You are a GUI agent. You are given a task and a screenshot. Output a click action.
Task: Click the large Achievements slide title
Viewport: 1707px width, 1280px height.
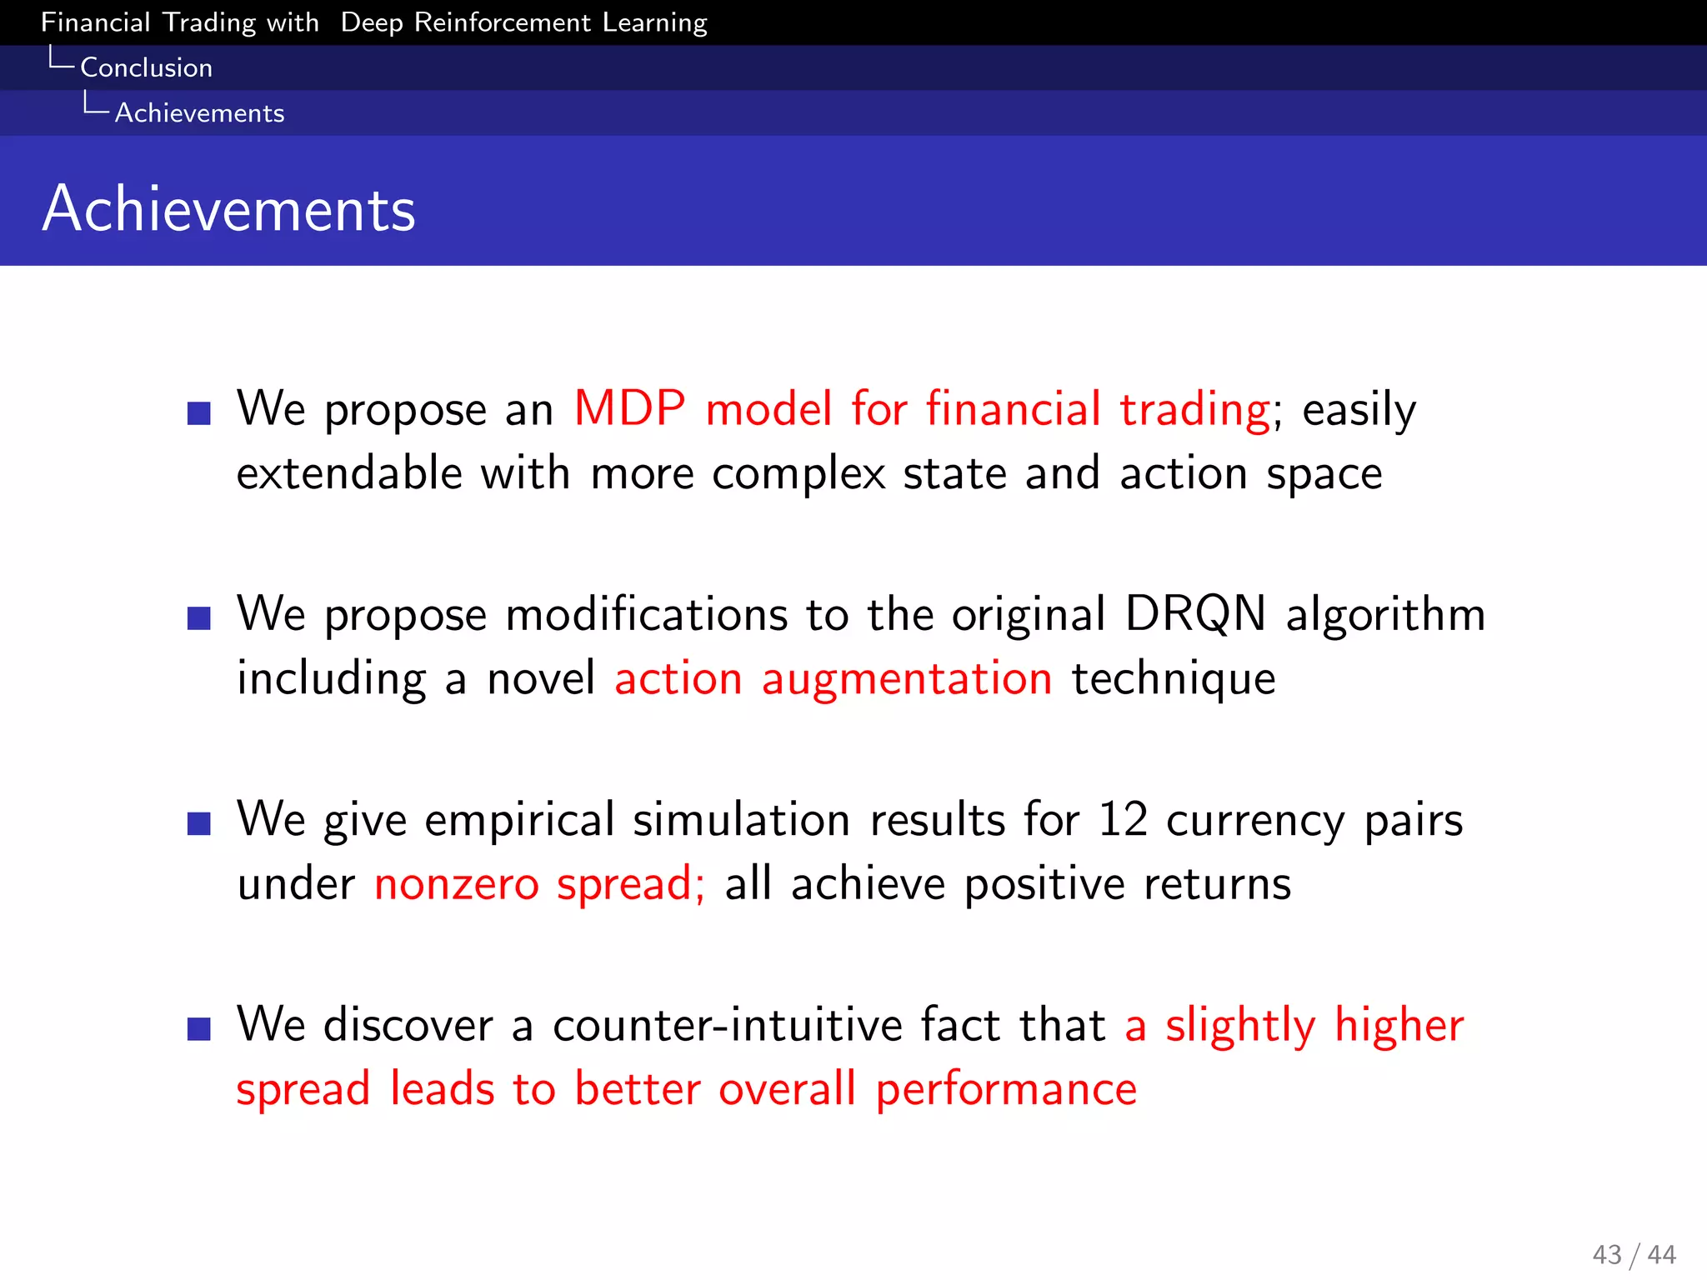(228, 208)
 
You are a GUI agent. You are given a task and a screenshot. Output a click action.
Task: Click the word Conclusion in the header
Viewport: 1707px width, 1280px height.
(146, 67)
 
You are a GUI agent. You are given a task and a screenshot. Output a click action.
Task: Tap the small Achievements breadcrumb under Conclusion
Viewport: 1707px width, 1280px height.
(199, 112)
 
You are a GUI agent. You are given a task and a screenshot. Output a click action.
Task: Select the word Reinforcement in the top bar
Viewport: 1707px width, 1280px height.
(502, 22)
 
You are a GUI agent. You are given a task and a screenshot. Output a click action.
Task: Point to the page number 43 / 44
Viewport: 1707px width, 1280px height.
(1633, 1254)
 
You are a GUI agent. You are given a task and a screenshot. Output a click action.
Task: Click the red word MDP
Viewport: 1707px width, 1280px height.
(629, 409)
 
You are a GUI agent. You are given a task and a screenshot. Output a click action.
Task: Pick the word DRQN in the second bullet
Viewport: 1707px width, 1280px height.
(1194, 614)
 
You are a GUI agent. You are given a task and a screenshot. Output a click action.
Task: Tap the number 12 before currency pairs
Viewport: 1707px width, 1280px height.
(1122, 819)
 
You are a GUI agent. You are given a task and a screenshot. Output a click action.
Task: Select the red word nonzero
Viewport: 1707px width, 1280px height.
(456, 884)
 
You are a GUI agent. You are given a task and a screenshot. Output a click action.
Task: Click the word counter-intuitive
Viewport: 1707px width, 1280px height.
(727, 1025)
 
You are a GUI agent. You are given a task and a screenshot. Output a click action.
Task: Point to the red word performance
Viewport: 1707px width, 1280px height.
(1005, 1089)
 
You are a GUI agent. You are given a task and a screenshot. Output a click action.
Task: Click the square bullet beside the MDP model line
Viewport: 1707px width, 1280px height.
(199, 412)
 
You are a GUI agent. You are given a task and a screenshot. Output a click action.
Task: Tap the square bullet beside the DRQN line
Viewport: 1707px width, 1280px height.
(199, 618)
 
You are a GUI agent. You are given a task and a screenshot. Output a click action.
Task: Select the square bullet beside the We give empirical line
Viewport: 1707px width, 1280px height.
(199, 823)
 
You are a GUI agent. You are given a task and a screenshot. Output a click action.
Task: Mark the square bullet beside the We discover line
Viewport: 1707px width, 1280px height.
(199, 1029)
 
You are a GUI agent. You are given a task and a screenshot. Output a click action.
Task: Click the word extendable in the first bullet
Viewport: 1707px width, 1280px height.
(348, 473)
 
